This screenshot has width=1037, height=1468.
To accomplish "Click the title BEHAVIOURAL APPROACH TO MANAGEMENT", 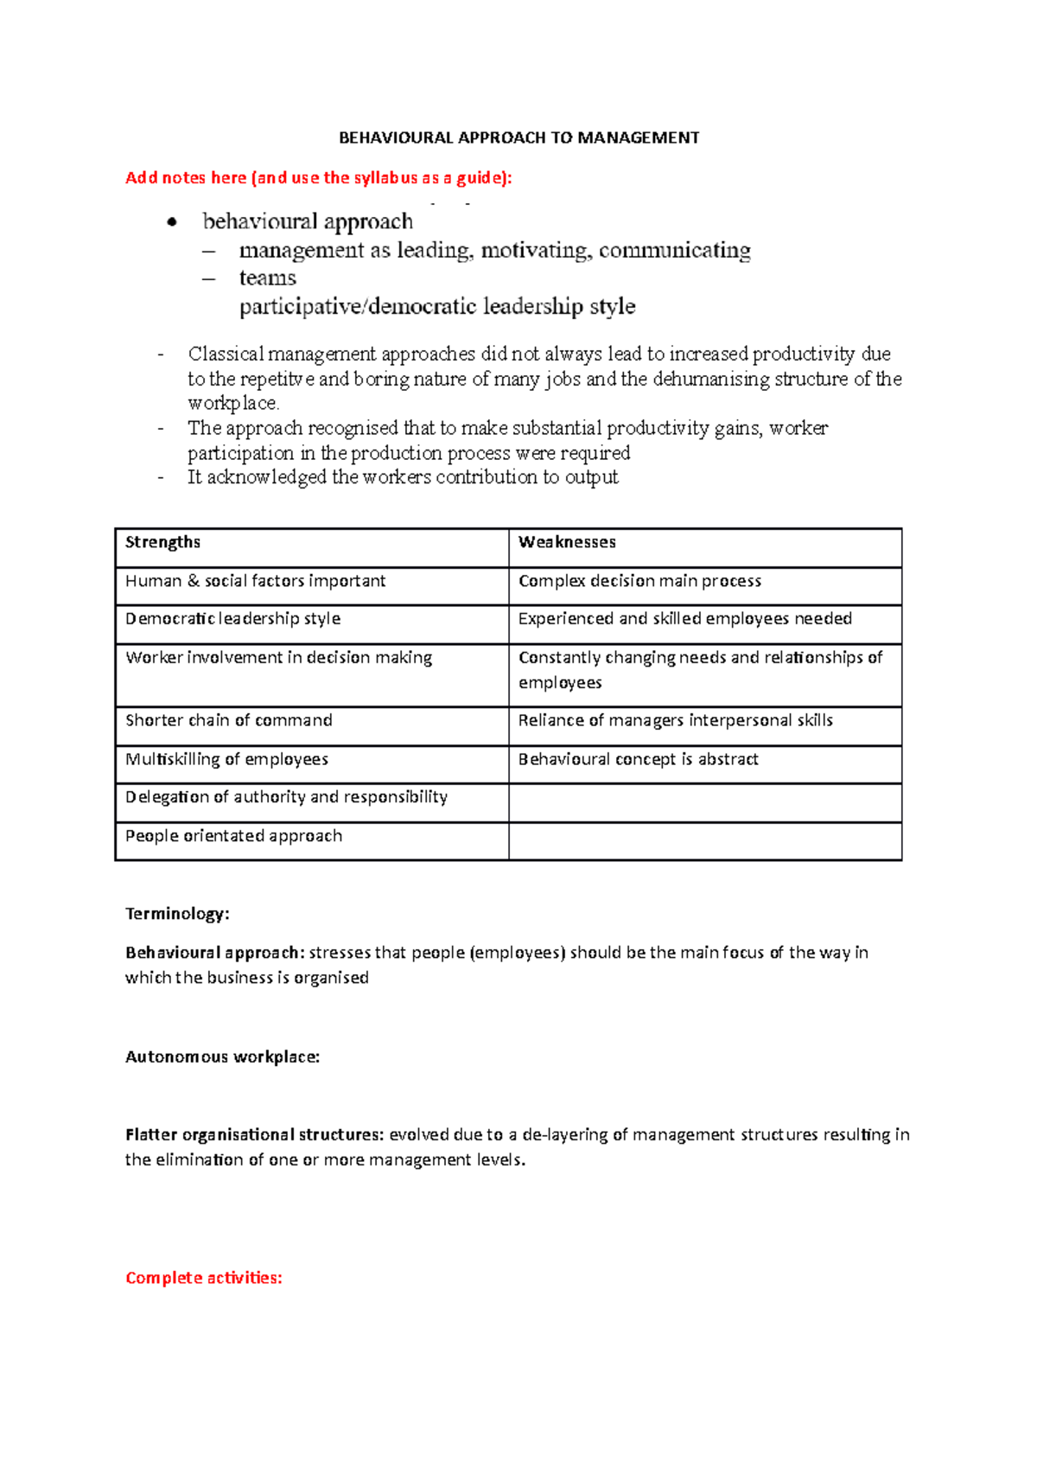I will coord(518,137).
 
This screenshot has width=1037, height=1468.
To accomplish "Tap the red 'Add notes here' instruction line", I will coord(318,178).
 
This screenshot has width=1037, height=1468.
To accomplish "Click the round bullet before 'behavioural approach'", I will coord(172,222).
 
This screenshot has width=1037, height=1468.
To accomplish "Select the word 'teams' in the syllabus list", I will coord(267,278).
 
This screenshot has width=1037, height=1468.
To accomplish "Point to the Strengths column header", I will coord(162,542).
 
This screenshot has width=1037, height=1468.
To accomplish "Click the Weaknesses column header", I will coord(567,542).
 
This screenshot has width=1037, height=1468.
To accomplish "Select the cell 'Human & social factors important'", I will coord(255,581).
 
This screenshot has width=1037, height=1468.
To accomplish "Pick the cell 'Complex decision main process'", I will coord(639,581).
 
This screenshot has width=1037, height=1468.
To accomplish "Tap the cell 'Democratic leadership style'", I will coord(232,619).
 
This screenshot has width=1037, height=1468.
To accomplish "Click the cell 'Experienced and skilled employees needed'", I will coord(684,619).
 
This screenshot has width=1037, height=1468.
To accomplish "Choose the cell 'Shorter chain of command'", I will coord(228,720).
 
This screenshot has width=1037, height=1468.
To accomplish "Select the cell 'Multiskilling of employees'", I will coord(226,759).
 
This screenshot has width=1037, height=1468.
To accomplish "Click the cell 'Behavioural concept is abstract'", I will coord(638,759).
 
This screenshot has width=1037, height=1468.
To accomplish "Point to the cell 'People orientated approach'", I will coord(233,836).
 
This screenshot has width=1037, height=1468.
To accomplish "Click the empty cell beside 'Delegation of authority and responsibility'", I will coord(704,802).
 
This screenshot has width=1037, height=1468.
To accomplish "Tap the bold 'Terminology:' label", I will coord(177,914).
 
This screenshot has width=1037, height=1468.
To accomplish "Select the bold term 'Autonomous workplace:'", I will coord(222,1056).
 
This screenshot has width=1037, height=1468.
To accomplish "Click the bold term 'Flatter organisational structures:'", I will coord(254,1134).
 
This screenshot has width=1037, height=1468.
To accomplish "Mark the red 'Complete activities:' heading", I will coord(204,1278).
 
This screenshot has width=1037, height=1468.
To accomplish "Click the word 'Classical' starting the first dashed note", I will coord(226,354).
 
